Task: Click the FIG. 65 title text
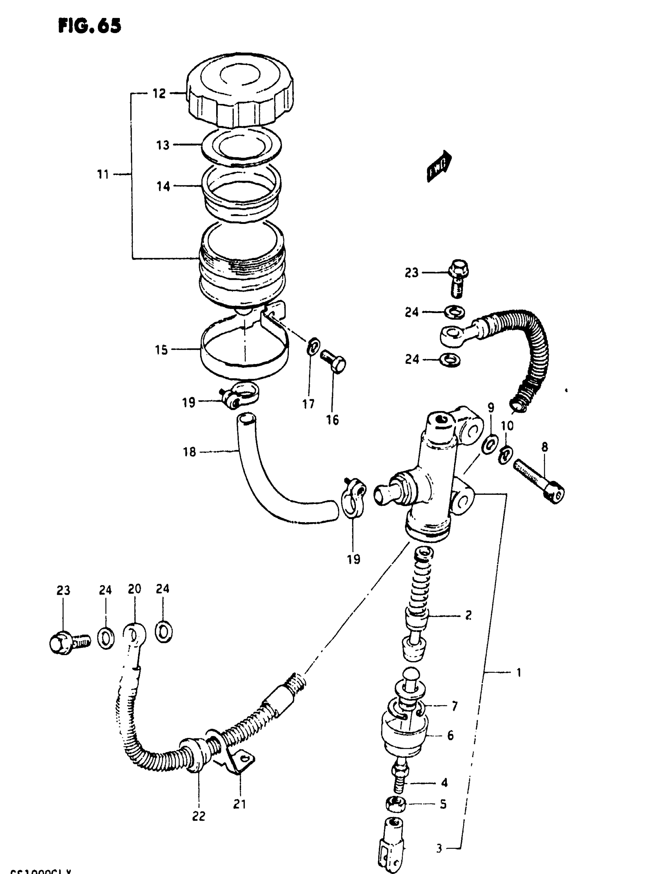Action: pyautogui.click(x=90, y=26)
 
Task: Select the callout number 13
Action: pyautogui.click(x=163, y=145)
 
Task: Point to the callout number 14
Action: pyautogui.click(x=163, y=187)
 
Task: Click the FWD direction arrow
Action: pyautogui.click(x=439, y=166)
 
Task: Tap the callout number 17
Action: pyautogui.click(x=308, y=403)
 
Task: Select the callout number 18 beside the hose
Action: pyautogui.click(x=189, y=452)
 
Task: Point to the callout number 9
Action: pyautogui.click(x=491, y=407)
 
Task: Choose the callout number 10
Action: pyautogui.click(x=507, y=425)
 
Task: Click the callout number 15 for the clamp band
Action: pyautogui.click(x=161, y=350)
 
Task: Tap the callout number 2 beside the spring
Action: pyautogui.click(x=468, y=615)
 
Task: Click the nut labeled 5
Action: pyautogui.click(x=395, y=804)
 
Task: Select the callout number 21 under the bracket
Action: pyautogui.click(x=239, y=804)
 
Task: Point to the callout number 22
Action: pyautogui.click(x=199, y=816)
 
